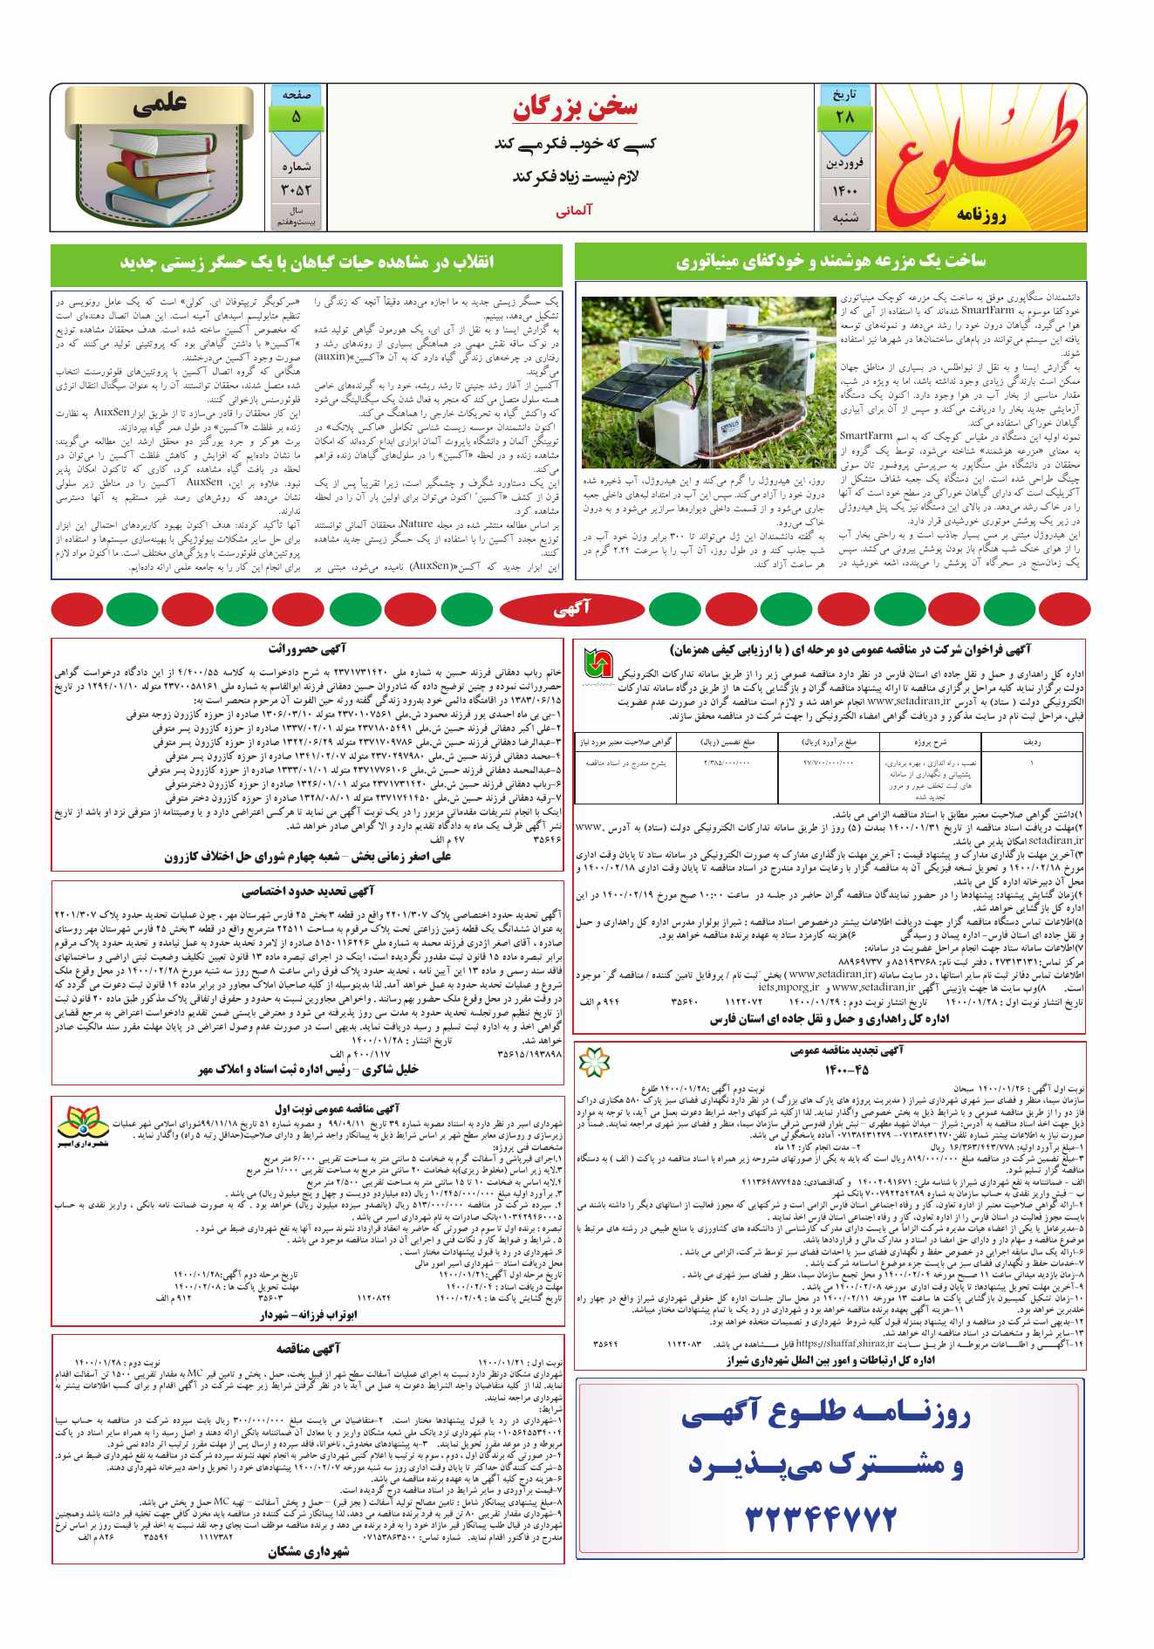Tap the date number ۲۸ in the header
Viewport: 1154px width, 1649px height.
pyautogui.click(x=844, y=118)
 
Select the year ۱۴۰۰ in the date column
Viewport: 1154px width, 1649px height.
pyautogui.click(x=844, y=191)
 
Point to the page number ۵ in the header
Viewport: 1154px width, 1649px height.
pyautogui.click(x=296, y=117)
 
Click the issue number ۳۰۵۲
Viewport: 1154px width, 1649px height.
pyautogui.click(x=296, y=190)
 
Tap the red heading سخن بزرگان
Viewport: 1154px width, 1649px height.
pyautogui.click(x=575, y=108)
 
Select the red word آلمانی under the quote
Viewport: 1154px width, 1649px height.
pyautogui.click(x=575, y=211)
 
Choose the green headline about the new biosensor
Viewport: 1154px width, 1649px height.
pyautogui.click(x=306, y=261)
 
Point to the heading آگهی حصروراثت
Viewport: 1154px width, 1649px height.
pyautogui.click(x=307, y=648)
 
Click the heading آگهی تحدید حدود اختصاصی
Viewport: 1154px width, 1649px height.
pyautogui.click(x=307, y=891)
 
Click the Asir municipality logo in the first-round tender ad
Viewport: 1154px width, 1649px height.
pyautogui.click(x=85, y=1124)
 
